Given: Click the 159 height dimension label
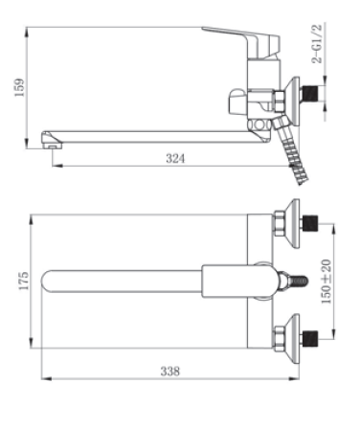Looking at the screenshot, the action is (x=19, y=87).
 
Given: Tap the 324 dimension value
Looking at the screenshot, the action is (x=175, y=158).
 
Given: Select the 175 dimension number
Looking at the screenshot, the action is (x=24, y=281).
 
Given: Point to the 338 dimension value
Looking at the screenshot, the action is (x=170, y=372).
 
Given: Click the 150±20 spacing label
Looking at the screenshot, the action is (x=326, y=282).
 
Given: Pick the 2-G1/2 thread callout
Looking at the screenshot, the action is (x=317, y=44).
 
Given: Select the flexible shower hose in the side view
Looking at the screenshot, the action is (x=289, y=150).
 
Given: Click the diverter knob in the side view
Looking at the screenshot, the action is (x=237, y=102).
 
